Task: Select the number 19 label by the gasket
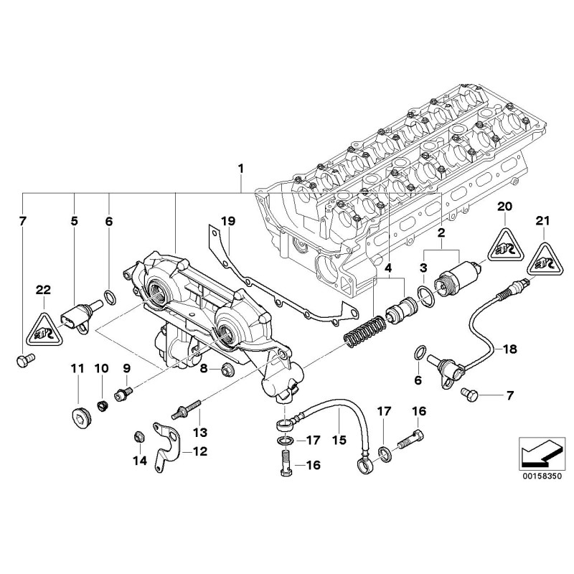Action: pos(227,222)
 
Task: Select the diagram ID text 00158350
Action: pos(537,474)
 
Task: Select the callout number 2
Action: pos(441,233)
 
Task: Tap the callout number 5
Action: pos(74,222)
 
